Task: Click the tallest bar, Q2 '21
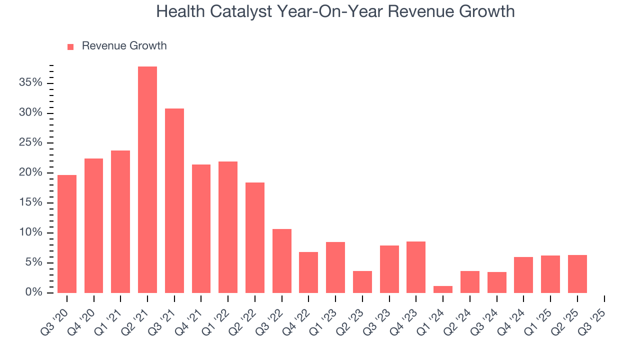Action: (147, 179)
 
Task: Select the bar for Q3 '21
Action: (174, 200)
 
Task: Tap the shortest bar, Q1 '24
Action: (443, 289)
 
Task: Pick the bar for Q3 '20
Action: (67, 233)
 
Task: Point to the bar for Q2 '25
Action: (577, 274)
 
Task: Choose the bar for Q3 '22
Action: (282, 260)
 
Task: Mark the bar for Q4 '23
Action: (416, 267)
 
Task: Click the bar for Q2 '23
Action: (362, 282)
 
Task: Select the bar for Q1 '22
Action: (228, 227)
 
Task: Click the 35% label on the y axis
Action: (30, 82)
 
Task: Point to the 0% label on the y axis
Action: (33, 292)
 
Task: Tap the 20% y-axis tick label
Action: (30, 172)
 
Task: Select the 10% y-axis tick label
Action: (30, 232)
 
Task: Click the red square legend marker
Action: (70, 46)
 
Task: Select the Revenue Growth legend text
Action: (124, 46)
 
